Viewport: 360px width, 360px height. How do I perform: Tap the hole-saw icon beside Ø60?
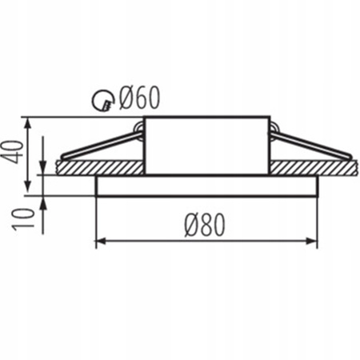pyautogui.click(x=102, y=101)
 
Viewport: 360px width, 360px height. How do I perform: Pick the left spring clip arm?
pyautogui.click(x=100, y=146)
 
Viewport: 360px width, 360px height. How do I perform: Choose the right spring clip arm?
pyautogui.click(x=312, y=145)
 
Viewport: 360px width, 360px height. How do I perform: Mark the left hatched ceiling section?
pyautogui.click(x=100, y=167)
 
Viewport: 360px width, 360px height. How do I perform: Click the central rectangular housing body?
pyautogui.click(x=206, y=146)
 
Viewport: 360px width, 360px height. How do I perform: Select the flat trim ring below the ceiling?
pyautogui.click(x=206, y=186)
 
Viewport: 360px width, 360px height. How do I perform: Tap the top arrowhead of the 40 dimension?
pyautogui.click(x=30, y=122)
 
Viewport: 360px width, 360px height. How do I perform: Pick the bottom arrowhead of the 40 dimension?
pyautogui.click(x=30, y=190)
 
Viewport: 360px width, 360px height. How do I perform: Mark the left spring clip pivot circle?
pyautogui.click(x=139, y=127)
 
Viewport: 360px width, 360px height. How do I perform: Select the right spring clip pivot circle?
pyautogui.click(x=274, y=127)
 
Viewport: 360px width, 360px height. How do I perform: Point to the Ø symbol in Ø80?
pyautogui.click(x=191, y=226)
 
